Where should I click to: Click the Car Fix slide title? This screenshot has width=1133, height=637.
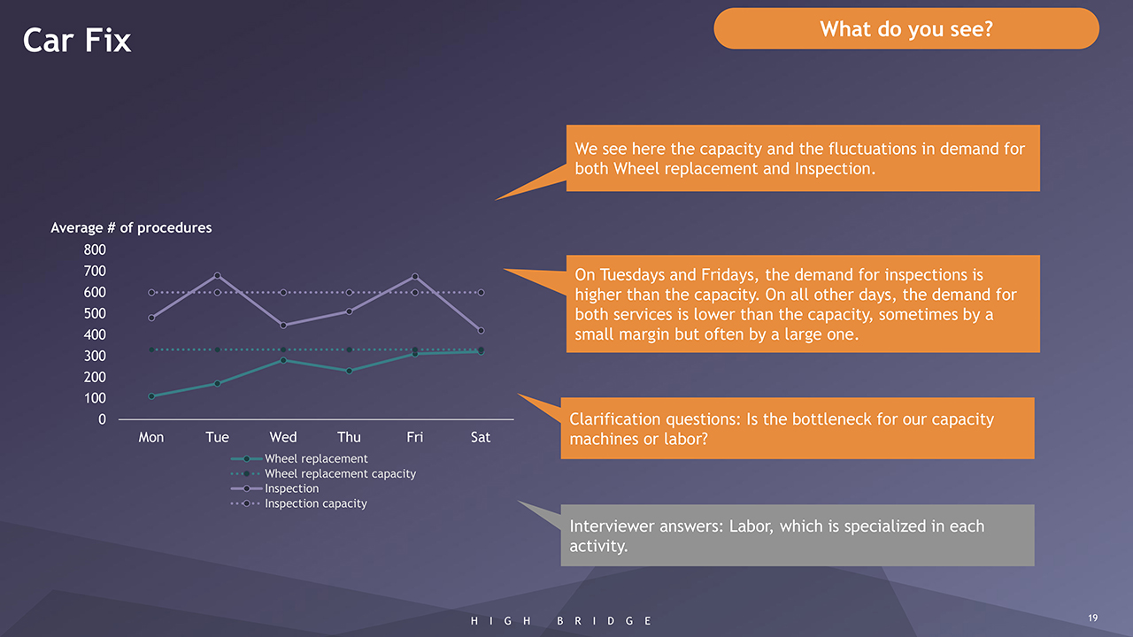click(77, 41)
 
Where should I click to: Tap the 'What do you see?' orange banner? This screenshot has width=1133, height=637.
click(906, 29)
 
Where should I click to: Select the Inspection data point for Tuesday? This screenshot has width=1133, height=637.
click(217, 275)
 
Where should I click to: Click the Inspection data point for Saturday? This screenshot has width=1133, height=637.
click(481, 331)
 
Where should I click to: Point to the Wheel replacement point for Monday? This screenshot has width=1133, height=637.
click(151, 396)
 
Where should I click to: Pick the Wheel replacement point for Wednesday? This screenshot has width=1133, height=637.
click(283, 360)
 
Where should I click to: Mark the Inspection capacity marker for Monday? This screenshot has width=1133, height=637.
click(151, 293)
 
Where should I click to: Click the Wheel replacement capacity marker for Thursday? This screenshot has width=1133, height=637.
click(349, 349)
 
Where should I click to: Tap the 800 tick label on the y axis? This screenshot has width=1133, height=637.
click(95, 249)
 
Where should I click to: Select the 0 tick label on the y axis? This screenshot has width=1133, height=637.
click(102, 419)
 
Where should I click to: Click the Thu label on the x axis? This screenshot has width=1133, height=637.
click(349, 437)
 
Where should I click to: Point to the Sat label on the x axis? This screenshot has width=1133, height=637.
click(481, 437)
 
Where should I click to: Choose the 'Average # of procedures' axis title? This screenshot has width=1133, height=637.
click(131, 228)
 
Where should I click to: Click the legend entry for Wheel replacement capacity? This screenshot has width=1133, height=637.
click(323, 473)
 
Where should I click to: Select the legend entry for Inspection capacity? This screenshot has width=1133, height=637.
click(298, 503)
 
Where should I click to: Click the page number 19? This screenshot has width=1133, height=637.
click(1092, 618)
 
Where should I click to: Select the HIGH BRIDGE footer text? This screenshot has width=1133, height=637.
click(561, 621)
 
